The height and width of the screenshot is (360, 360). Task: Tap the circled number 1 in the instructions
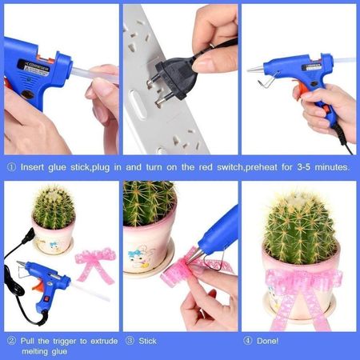tap(11, 167)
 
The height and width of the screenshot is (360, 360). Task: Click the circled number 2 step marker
tap(11, 341)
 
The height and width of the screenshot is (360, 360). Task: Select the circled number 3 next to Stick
tap(130, 341)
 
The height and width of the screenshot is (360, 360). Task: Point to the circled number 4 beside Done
tap(248, 341)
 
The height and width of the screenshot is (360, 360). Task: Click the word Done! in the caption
tap(267, 341)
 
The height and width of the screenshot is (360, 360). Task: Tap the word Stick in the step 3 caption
tap(147, 341)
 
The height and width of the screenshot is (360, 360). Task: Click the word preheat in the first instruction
tap(262, 168)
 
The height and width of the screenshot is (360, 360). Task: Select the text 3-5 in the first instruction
tap(303, 167)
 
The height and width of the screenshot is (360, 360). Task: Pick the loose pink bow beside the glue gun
tap(96, 265)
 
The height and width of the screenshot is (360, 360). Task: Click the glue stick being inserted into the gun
tap(94, 75)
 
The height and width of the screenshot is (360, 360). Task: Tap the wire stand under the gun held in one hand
tap(267, 81)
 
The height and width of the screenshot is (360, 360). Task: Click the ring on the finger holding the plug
tap(212, 46)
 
